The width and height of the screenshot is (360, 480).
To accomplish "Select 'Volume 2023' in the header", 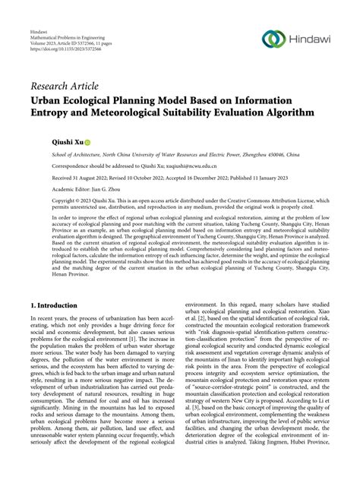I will coord(46,52).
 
